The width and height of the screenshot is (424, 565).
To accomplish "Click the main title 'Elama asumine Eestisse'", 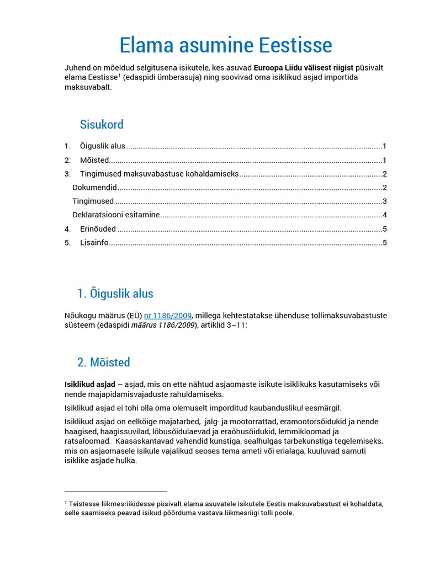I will [x=226, y=45].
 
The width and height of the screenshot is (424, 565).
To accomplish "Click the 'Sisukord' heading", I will [x=102, y=124].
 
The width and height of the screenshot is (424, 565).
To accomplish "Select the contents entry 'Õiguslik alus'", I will [x=103, y=146].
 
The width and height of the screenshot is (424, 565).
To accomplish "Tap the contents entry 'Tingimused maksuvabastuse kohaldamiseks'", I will [x=159, y=174].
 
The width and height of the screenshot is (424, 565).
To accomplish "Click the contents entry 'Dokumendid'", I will [x=94, y=188].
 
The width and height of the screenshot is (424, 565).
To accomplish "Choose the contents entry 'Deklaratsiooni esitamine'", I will [x=116, y=215].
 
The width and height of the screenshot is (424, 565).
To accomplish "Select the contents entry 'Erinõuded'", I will [x=98, y=229].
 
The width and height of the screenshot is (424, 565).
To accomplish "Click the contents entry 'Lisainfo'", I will [x=94, y=243].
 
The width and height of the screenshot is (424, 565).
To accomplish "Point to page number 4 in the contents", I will [x=384, y=215].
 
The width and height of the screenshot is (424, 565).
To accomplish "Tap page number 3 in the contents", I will [x=384, y=201].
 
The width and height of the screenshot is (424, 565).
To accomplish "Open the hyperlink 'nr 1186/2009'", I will [x=168, y=316].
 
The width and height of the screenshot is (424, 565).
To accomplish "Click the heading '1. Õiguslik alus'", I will [x=115, y=294].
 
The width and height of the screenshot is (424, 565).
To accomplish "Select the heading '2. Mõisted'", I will [x=104, y=363].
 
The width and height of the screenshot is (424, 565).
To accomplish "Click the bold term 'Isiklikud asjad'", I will [x=90, y=384].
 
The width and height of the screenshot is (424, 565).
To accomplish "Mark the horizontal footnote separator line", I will [x=116, y=491].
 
